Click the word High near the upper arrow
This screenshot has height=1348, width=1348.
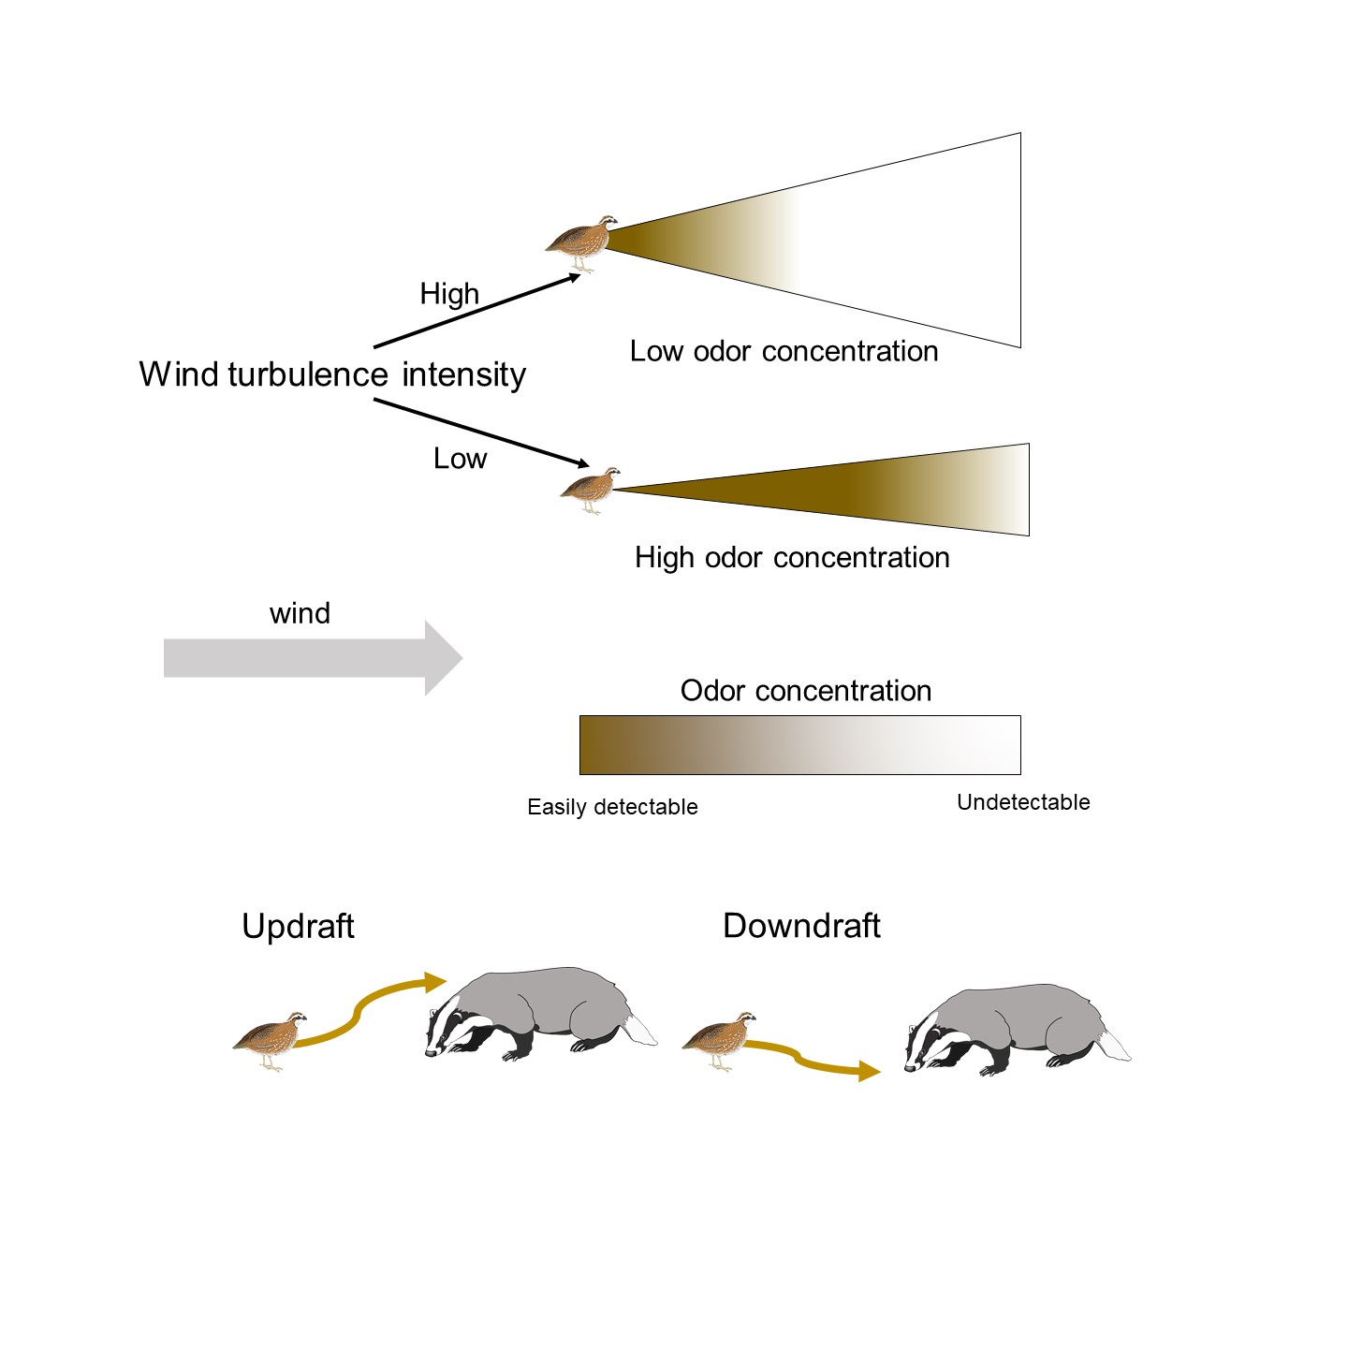(449, 294)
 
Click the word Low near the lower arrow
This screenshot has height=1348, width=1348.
(460, 459)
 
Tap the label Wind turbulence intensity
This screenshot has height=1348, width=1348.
(332, 374)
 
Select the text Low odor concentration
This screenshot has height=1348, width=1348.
(784, 351)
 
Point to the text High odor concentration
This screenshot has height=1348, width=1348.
(792, 558)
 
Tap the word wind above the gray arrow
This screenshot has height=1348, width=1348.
(300, 614)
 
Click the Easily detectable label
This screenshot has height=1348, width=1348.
(612, 807)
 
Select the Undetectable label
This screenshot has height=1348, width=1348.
(1023, 802)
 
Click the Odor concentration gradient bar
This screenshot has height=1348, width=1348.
(799, 745)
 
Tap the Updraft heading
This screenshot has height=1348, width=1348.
(298, 927)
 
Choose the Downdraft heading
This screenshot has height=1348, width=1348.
(801, 926)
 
